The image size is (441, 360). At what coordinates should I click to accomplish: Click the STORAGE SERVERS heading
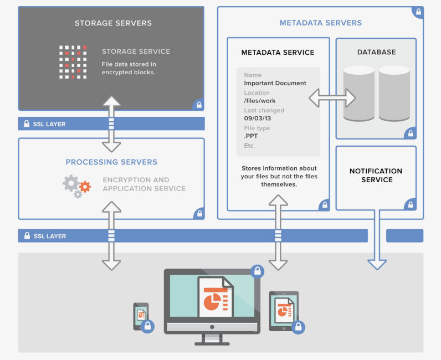(x=113, y=23)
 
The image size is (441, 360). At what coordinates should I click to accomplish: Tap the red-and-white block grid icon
(x=73, y=61)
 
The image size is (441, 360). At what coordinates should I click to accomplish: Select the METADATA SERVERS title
(x=320, y=23)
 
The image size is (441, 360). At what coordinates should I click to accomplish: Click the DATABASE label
(x=376, y=52)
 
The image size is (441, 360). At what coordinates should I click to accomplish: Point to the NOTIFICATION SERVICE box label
(x=376, y=176)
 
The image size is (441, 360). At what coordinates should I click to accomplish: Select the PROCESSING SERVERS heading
(x=111, y=162)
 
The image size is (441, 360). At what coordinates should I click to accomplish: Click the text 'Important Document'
(x=275, y=83)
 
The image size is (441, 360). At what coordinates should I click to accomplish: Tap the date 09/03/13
(x=257, y=119)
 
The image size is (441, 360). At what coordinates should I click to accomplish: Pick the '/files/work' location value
(x=260, y=101)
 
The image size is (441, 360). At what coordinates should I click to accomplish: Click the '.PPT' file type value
(x=251, y=136)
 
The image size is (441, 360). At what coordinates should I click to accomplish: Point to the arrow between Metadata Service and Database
(x=332, y=99)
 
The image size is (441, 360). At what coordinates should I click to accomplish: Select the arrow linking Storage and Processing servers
(x=111, y=124)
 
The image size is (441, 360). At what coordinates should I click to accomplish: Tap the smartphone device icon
(x=141, y=316)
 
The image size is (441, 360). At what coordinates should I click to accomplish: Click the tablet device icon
(x=283, y=311)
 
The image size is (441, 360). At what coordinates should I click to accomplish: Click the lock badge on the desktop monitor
(x=257, y=271)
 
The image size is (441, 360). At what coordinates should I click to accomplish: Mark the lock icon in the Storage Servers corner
(x=199, y=104)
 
